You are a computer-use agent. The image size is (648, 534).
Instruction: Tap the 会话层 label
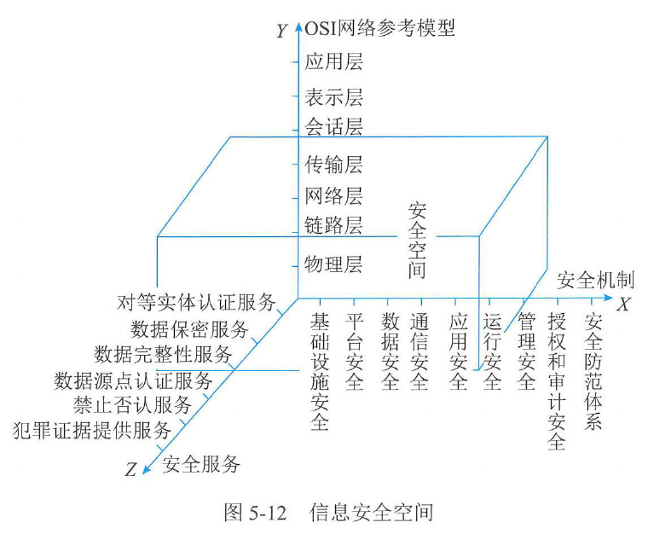click(x=333, y=128)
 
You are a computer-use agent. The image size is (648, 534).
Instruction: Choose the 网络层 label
click(x=333, y=195)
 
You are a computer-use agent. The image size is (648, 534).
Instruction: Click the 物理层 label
click(x=333, y=264)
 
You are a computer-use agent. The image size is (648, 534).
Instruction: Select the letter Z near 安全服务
click(x=130, y=469)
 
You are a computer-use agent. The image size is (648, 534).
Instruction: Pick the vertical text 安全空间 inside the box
click(x=417, y=241)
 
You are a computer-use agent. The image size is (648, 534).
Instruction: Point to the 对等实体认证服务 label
click(x=198, y=302)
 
